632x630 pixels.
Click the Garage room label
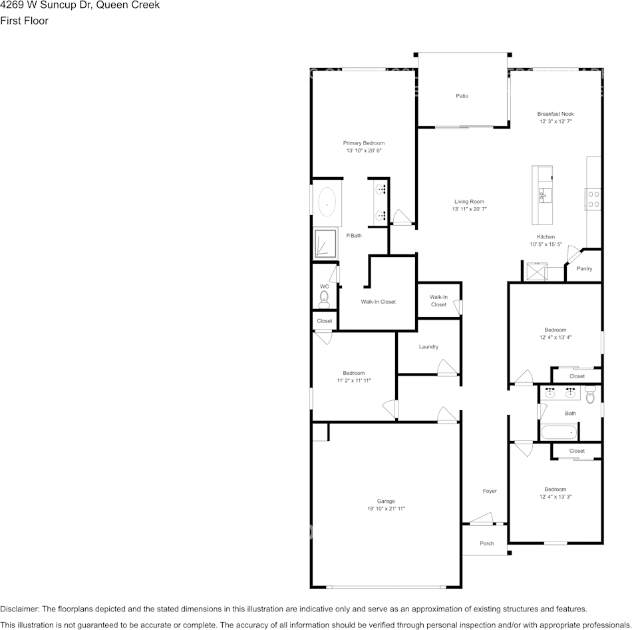point(386,501)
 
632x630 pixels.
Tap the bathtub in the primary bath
point(327,202)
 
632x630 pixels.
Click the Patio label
point(462,96)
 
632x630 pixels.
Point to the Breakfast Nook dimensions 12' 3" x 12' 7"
point(555,122)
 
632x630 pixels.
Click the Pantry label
point(584,268)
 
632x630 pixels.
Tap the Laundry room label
point(428,346)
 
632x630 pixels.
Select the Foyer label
point(490,491)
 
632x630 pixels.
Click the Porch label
point(487,543)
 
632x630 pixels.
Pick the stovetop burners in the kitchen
point(593,199)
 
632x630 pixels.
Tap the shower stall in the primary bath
point(325,244)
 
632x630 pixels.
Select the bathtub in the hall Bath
point(558,433)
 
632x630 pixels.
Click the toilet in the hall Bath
point(589,397)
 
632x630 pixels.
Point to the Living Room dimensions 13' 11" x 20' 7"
point(469,209)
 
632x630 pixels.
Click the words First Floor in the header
point(24,21)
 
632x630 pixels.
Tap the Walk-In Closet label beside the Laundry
point(438,301)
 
